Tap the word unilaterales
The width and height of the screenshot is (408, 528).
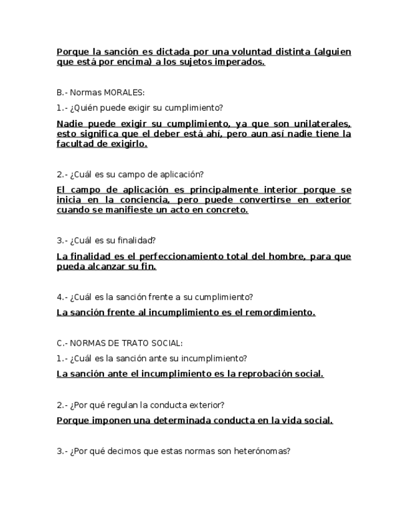321,123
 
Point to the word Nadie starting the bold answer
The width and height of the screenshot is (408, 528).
70,123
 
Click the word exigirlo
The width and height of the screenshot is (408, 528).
128,144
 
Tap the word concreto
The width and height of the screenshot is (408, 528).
226,210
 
